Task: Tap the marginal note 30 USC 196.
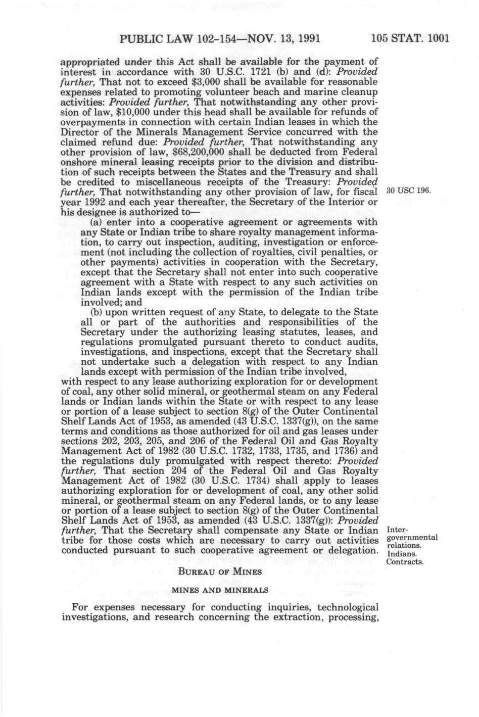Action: pyautogui.click(x=408, y=191)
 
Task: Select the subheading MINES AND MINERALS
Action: pyautogui.click(x=220, y=590)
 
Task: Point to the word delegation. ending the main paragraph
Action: pyautogui.click(x=353, y=550)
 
